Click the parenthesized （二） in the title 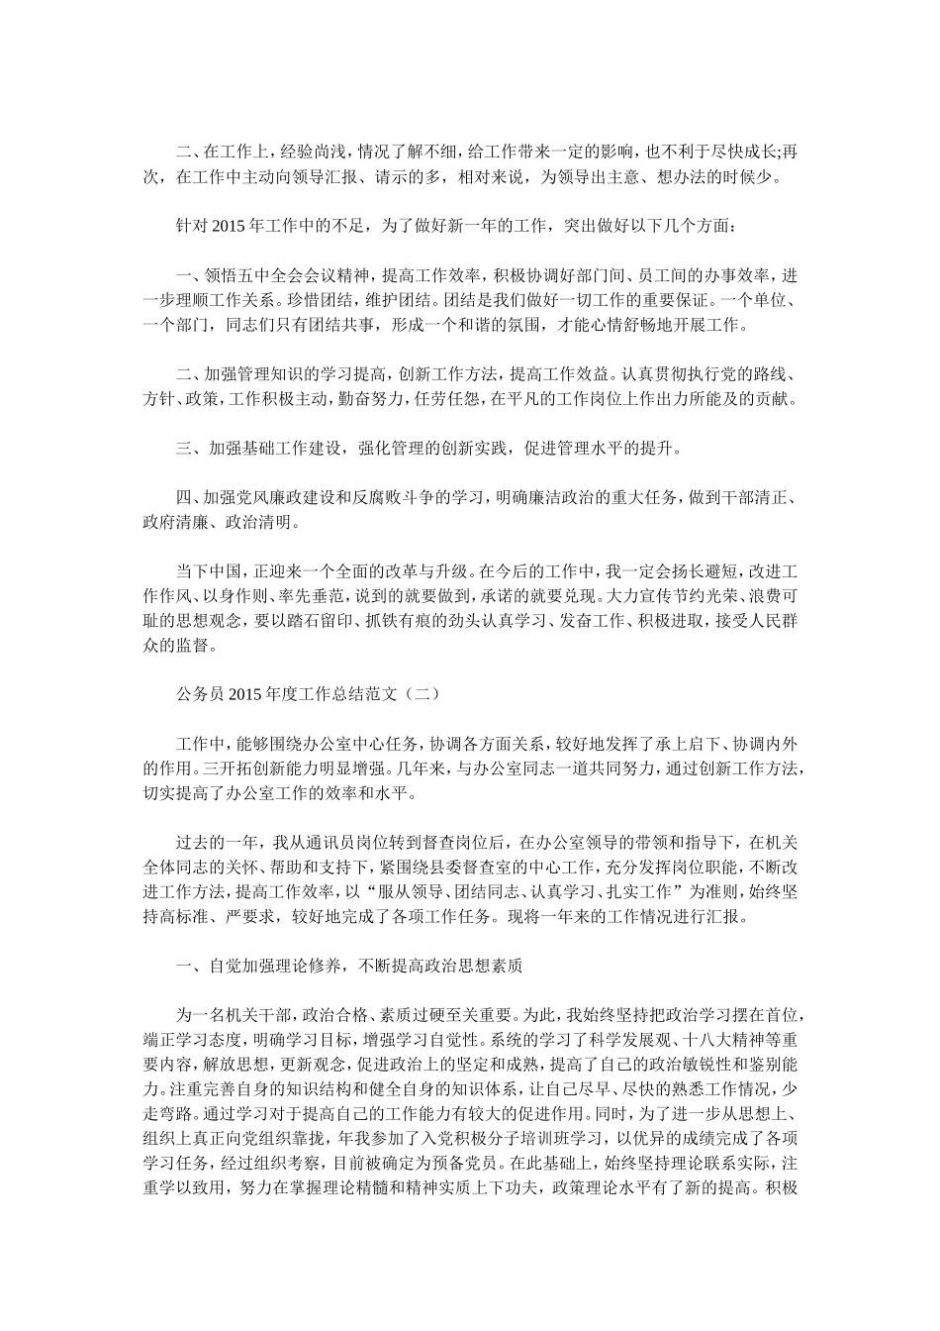[x=408, y=695]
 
